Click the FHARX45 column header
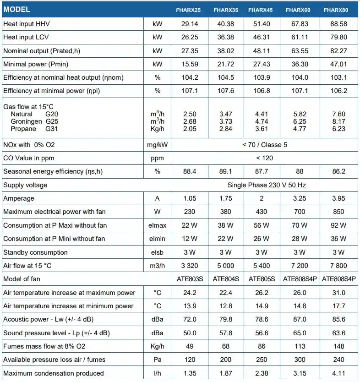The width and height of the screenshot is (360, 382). point(261,10)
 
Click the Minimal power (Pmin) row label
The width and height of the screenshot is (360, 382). point(36,64)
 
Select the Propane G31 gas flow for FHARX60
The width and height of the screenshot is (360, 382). point(300,129)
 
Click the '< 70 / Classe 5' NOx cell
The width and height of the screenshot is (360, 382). point(262,145)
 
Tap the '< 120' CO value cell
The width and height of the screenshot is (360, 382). point(262,158)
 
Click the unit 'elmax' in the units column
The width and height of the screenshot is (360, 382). point(158,225)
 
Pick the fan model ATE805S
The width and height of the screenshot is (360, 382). point(262,278)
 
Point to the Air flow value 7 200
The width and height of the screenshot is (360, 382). point(300,265)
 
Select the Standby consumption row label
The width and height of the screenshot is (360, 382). point(35,252)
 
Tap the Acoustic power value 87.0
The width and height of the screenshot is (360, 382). point(300,319)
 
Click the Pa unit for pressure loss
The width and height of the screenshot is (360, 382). point(158,360)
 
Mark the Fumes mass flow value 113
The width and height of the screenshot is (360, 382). point(300,346)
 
